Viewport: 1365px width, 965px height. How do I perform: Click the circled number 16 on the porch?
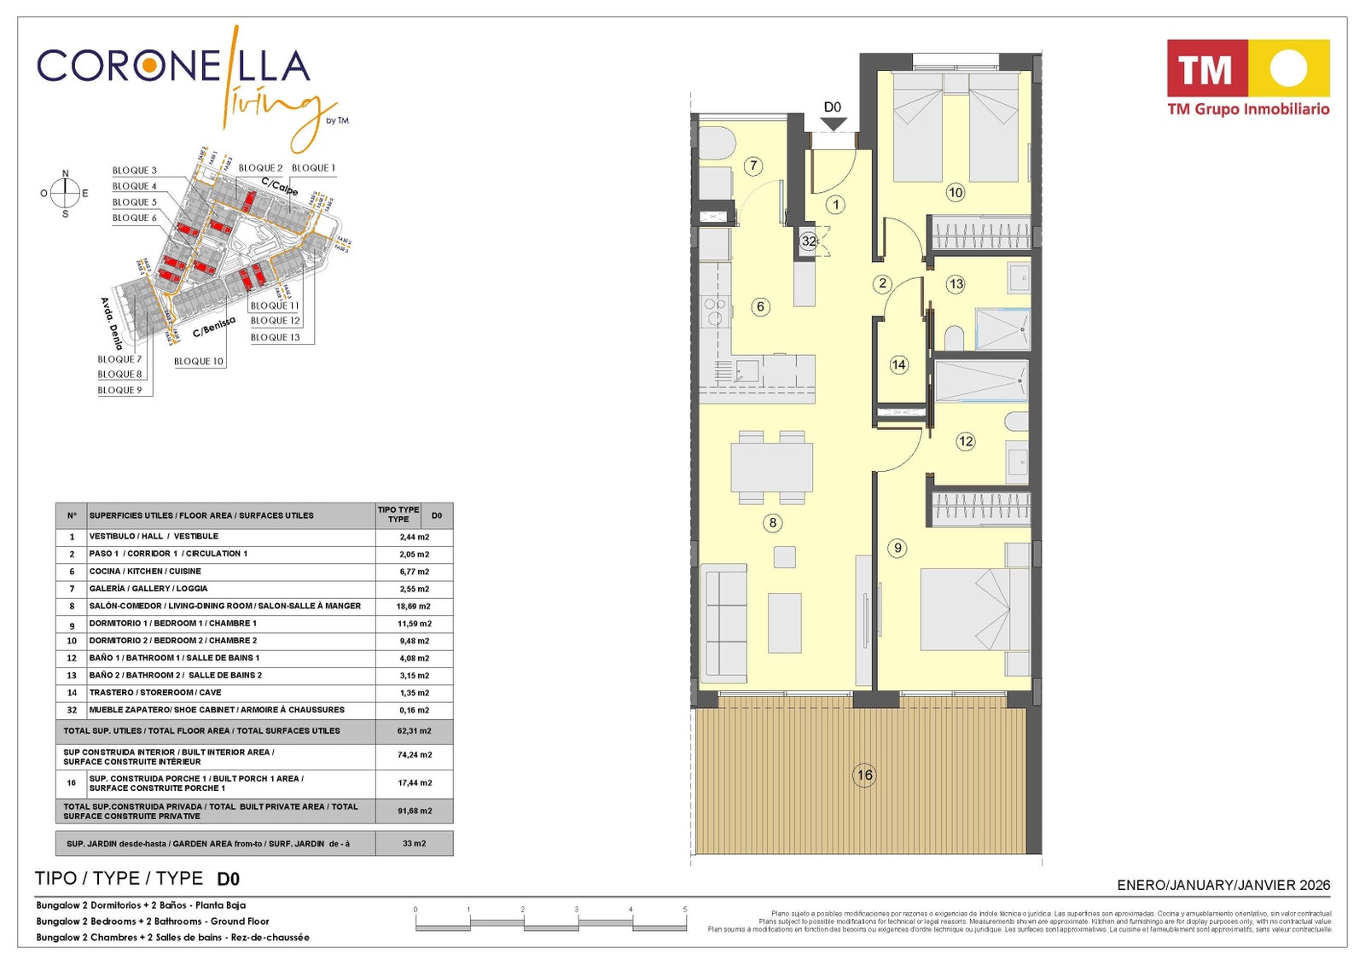[864, 775]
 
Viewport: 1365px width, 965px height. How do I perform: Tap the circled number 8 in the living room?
[772, 523]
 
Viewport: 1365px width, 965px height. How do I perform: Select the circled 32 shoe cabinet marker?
[809, 241]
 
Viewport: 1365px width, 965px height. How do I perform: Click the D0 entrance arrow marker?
[833, 123]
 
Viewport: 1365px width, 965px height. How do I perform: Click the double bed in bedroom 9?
[973, 609]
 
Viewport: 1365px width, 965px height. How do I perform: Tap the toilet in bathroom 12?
[1018, 421]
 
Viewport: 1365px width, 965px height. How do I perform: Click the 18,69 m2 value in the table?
[414, 606]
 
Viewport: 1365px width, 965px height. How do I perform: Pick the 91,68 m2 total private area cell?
[415, 811]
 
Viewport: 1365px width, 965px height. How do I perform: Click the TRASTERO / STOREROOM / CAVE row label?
[155, 693]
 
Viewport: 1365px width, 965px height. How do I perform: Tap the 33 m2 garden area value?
[415, 843]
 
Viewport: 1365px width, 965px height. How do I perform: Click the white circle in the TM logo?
[1288, 68]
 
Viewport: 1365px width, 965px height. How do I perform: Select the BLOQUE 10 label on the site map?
[199, 361]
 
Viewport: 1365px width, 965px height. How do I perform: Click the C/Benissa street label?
[213, 327]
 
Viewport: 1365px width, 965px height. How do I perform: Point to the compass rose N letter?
[65, 174]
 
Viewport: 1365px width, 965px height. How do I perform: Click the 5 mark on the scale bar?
[684, 910]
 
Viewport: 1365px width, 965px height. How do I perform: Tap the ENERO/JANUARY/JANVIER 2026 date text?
[1223, 885]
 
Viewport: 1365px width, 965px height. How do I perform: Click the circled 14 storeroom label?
[898, 365]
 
